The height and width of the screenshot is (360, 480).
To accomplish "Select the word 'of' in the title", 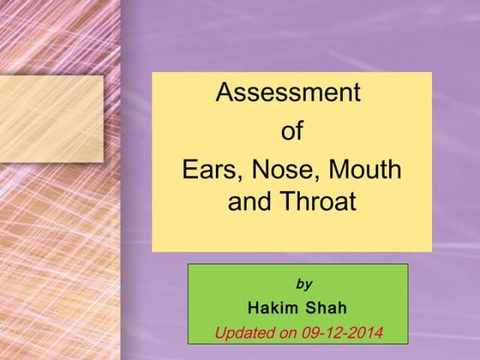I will [x=292, y=132].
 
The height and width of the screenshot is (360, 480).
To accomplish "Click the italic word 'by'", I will [x=303, y=284].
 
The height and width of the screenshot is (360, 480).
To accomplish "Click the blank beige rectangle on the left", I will [x=51, y=118].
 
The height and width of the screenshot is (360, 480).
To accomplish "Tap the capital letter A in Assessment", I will [x=225, y=93].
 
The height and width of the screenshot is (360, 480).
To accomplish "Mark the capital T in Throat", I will [x=287, y=204].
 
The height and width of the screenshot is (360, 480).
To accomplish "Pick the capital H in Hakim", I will [x=253, y=308].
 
